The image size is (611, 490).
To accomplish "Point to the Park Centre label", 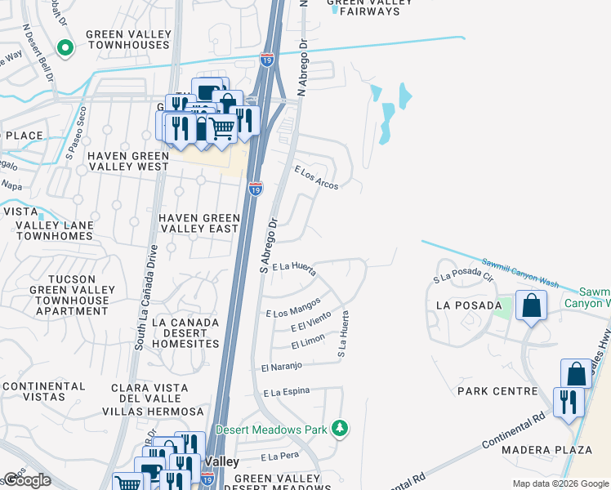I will point(497,391).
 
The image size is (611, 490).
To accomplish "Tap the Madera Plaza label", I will point(558,450).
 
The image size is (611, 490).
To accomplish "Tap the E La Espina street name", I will point(287,392).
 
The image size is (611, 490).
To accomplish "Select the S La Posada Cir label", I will point(464,277).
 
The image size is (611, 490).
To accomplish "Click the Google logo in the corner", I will point(26,480).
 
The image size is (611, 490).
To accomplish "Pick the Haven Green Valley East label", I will point(199,223).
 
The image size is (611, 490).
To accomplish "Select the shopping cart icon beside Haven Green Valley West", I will point(221,127).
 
